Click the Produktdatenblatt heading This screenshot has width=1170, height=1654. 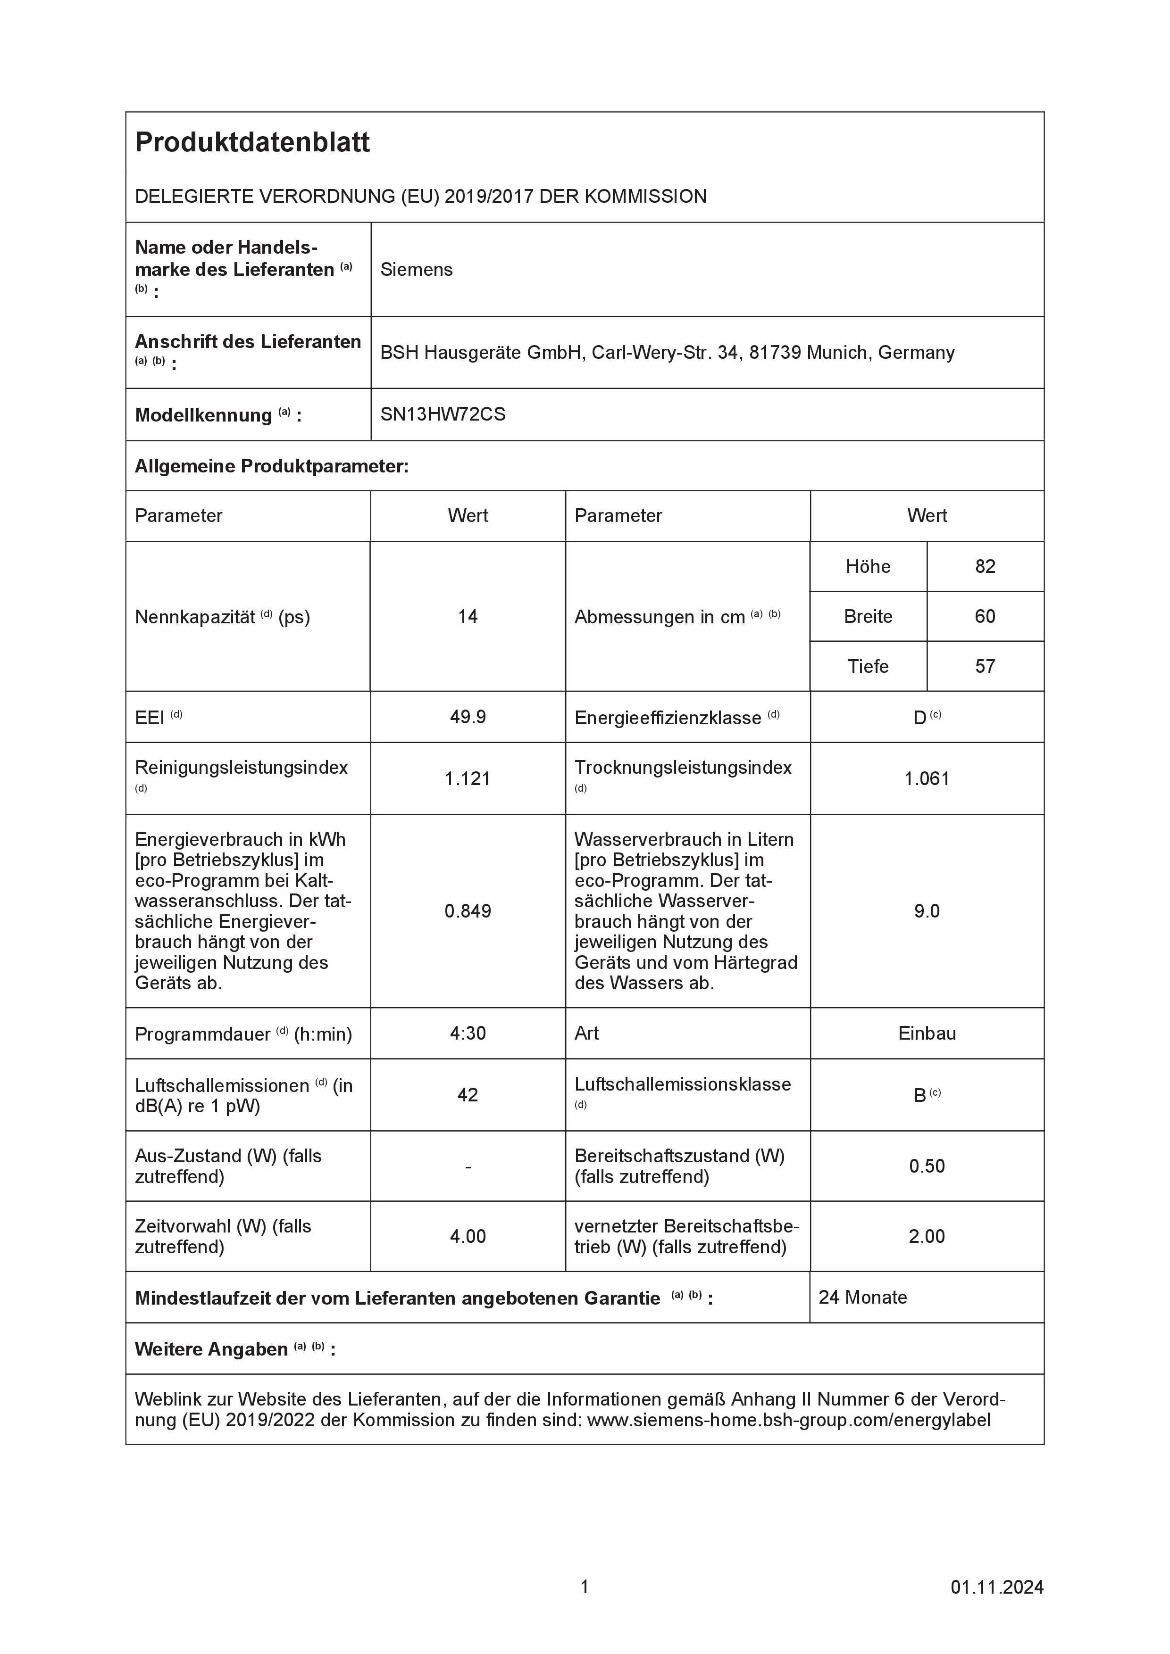pyautogui.click(x=252, y=143)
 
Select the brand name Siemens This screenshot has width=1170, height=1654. pyautogui.click(x=417, y=269)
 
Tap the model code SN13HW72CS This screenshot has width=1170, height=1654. pyautogui.click(x=443, y=414)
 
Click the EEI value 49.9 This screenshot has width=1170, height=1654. pyautogui.click(x=468, y=717)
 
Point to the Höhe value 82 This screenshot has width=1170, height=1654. pyautogui.click(x=985, y=566)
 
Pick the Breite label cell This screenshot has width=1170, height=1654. pyautogui.click(x=868, y=617)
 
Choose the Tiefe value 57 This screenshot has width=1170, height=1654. pyautogui.click(x=985, y=666)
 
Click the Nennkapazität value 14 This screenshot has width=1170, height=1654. pyautogui.click(x=468, y=617)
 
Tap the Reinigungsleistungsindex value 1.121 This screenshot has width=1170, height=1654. pyautogui.click(x=468, y=779)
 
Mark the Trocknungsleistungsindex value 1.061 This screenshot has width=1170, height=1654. pyautogui.click(x=927, y=779)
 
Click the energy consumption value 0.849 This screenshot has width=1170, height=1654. pyautogui.click(x=468, y=911)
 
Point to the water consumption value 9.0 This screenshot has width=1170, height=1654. pyautogui.click(x=927, y=911)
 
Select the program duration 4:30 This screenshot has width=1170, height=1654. pyautogui.click(x=468, y=1033)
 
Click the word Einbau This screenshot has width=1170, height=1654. pyautogui.click(x=927, y=1033)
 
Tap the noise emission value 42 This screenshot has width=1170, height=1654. pyautogui.click(x=468, y=1095)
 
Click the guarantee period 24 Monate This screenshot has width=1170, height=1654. pyautogui.click(x=863, y=1298)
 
